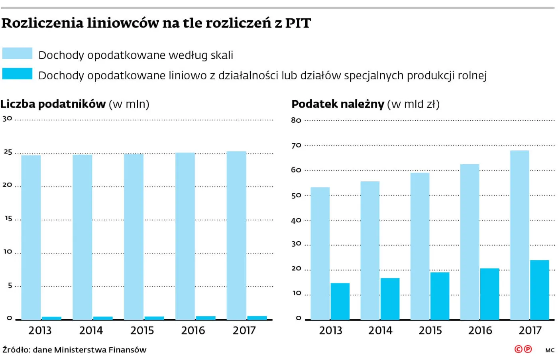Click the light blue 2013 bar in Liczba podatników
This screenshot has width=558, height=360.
31,237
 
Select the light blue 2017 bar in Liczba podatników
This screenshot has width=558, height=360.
236,235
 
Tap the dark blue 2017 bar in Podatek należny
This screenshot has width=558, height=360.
539,290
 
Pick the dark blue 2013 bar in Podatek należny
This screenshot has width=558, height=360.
340,301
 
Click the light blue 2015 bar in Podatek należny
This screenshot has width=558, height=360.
420,246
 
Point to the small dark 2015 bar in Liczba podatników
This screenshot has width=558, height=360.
154,318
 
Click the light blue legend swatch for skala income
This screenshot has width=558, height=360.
17,53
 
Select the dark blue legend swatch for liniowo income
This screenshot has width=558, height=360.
17,74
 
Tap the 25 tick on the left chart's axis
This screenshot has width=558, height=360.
8,152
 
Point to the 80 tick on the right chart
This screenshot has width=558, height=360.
296,120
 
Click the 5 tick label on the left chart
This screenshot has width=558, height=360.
10,285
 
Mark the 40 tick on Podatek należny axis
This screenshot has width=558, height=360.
296,220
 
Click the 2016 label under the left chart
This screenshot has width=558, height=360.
193,330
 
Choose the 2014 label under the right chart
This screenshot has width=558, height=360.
380,330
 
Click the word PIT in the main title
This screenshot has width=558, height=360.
298,23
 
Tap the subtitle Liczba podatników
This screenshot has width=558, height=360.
53,104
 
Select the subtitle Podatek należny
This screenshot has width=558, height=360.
338,104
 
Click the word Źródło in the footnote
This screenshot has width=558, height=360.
16,350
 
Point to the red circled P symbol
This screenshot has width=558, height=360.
528,349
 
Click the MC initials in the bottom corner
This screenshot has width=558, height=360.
550,350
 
